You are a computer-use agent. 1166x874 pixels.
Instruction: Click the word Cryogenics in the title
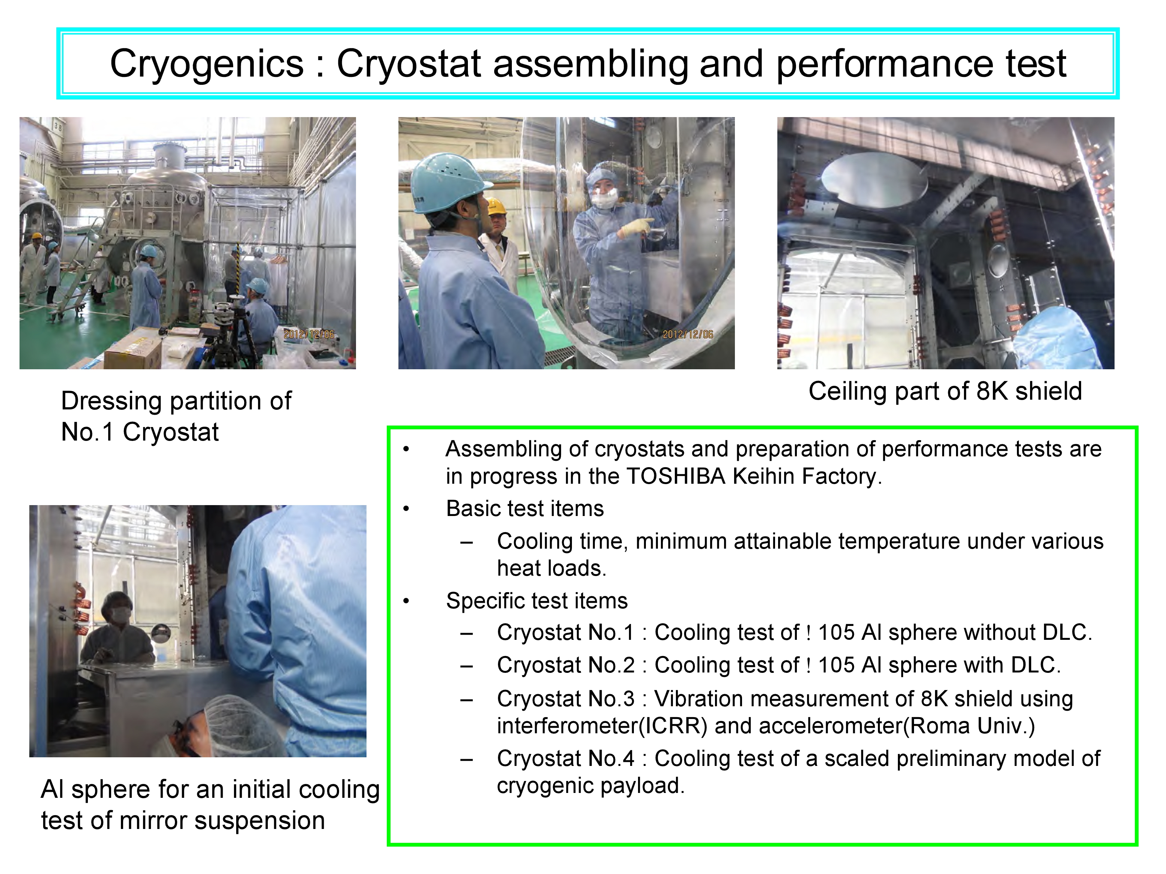pos(207,64)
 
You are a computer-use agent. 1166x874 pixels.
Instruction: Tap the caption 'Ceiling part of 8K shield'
pos(945,392)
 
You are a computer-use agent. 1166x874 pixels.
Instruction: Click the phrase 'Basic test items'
pos(525,509)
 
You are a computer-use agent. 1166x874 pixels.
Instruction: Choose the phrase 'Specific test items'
pos(537,601)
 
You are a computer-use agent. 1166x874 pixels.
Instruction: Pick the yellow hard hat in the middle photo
pos(496,206)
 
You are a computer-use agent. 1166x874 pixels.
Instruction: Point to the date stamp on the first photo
pos(309,334)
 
